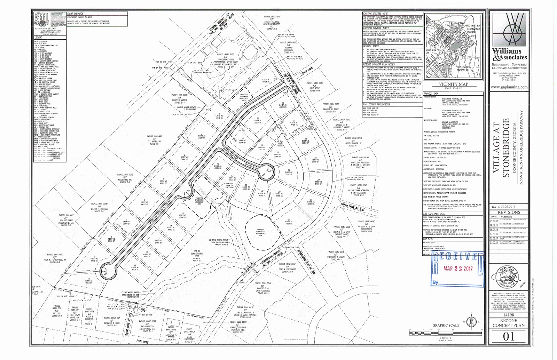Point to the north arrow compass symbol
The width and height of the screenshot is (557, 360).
(471, 322)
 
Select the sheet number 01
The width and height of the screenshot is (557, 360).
(508, 336)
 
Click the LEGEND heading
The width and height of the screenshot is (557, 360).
(38, 38)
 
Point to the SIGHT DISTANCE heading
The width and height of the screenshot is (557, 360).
(75, 13)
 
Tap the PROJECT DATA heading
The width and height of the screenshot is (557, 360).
(431, 94)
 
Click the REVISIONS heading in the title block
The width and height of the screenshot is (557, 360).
(509, 212)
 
